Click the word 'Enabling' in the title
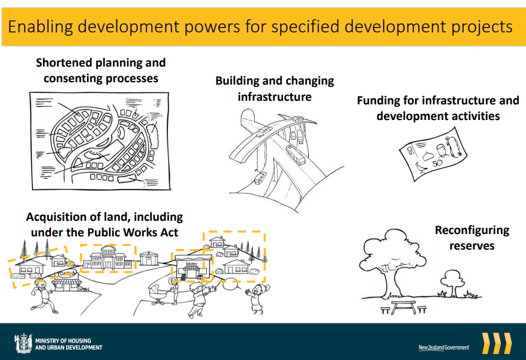40,27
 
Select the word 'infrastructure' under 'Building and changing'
275,97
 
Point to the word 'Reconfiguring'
472,230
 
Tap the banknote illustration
433,154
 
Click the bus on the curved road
295,155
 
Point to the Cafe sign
67,274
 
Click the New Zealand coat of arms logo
23,343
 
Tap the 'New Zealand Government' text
444,347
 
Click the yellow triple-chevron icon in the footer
497,343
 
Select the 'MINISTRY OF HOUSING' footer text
63,341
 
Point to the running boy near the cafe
43,296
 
